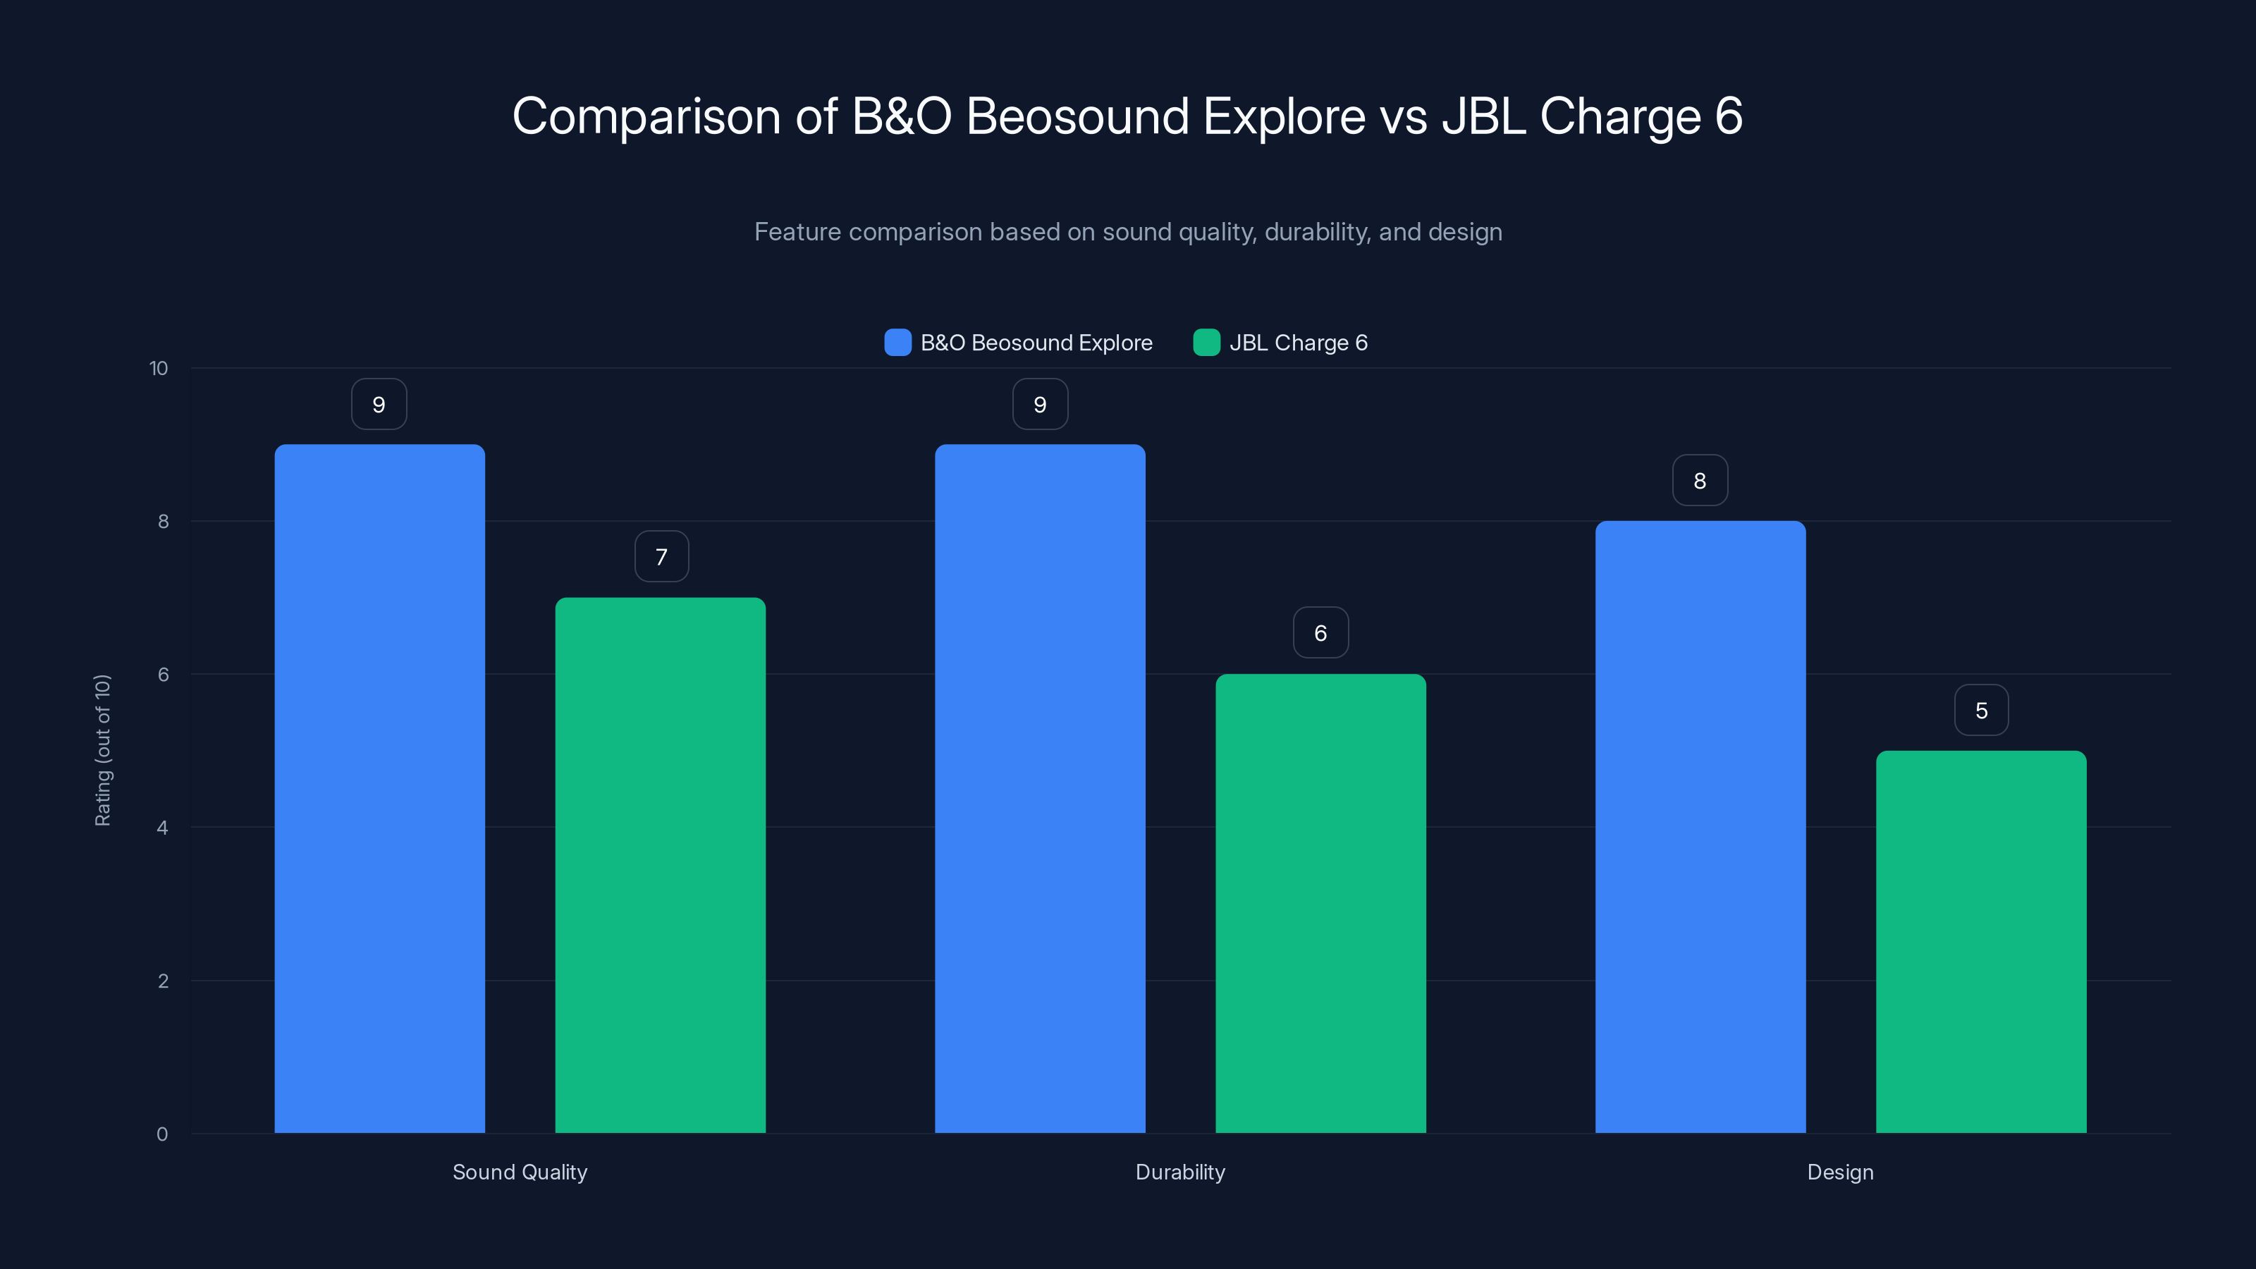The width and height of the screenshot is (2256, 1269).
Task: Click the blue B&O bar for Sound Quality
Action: (379, 788)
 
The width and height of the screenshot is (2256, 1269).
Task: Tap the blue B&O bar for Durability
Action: (1040, 788)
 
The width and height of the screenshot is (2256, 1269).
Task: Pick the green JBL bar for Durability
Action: (1320, 903)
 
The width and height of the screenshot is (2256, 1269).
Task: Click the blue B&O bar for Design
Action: (1700, 827)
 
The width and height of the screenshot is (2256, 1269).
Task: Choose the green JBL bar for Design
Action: (1981, 941)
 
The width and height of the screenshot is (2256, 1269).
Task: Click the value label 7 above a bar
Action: (661, 557)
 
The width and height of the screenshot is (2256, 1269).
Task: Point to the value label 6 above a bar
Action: (1320, 633)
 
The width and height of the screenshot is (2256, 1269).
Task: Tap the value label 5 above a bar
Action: (1981, 710)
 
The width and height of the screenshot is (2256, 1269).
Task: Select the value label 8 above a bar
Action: (1700, 481)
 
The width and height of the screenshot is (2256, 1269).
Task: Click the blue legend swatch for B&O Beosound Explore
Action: (897, 343)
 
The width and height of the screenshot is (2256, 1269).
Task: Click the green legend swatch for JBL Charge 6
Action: (1206, 343)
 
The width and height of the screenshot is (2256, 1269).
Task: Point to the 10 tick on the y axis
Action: (159, 369)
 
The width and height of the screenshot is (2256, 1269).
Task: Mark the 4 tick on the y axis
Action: (163, 828)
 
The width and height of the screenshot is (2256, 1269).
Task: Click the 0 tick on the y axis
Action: (163, 1134)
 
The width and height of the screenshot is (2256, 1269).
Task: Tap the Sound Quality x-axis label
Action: (520, 1172)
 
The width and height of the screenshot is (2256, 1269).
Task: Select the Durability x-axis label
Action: (1179, 1172)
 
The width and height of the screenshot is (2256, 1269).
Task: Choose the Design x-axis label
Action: (1840, 1172)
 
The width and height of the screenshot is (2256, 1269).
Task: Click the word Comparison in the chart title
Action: (646, 116)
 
